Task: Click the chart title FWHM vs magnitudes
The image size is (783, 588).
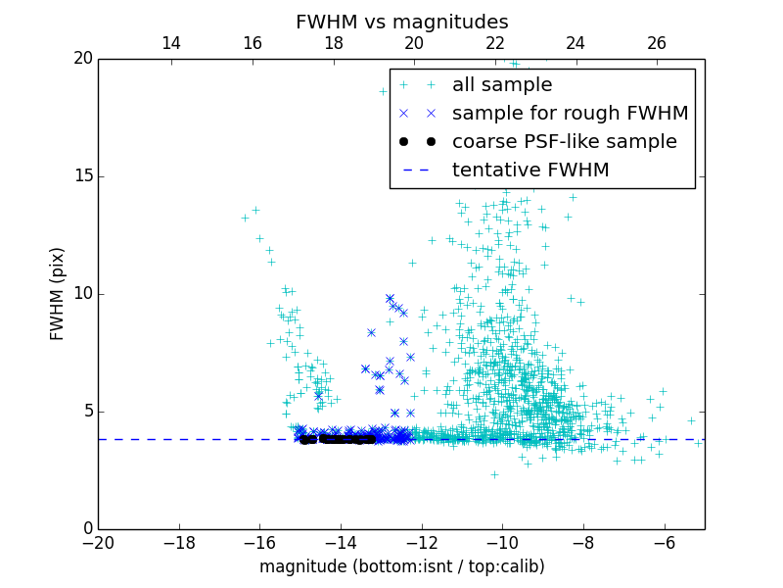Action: coord(401,22)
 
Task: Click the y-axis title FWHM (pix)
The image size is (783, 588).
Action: coord(58,293)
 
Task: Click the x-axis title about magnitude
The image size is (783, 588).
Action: coord(401,566)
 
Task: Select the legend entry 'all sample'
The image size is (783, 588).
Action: coord(501,85)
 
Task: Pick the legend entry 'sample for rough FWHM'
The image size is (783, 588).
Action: coord(570,114)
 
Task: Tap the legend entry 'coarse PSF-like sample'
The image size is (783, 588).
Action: coord(564,142)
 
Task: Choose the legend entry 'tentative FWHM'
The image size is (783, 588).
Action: coord(530,171)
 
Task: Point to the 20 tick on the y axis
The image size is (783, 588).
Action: coord(81,59)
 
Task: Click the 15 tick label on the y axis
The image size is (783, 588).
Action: coord(81,176)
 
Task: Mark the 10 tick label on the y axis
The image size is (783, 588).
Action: coord(81,294)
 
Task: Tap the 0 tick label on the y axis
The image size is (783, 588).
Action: coord(86,529)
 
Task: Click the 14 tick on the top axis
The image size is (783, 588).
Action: coord(171,43)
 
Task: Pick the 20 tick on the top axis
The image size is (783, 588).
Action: coord(414,43)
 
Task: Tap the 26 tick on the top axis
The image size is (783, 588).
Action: coord(657,43)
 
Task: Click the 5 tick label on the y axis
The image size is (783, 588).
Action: coord(86,412)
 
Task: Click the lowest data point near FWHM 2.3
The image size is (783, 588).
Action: coord(494,474)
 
